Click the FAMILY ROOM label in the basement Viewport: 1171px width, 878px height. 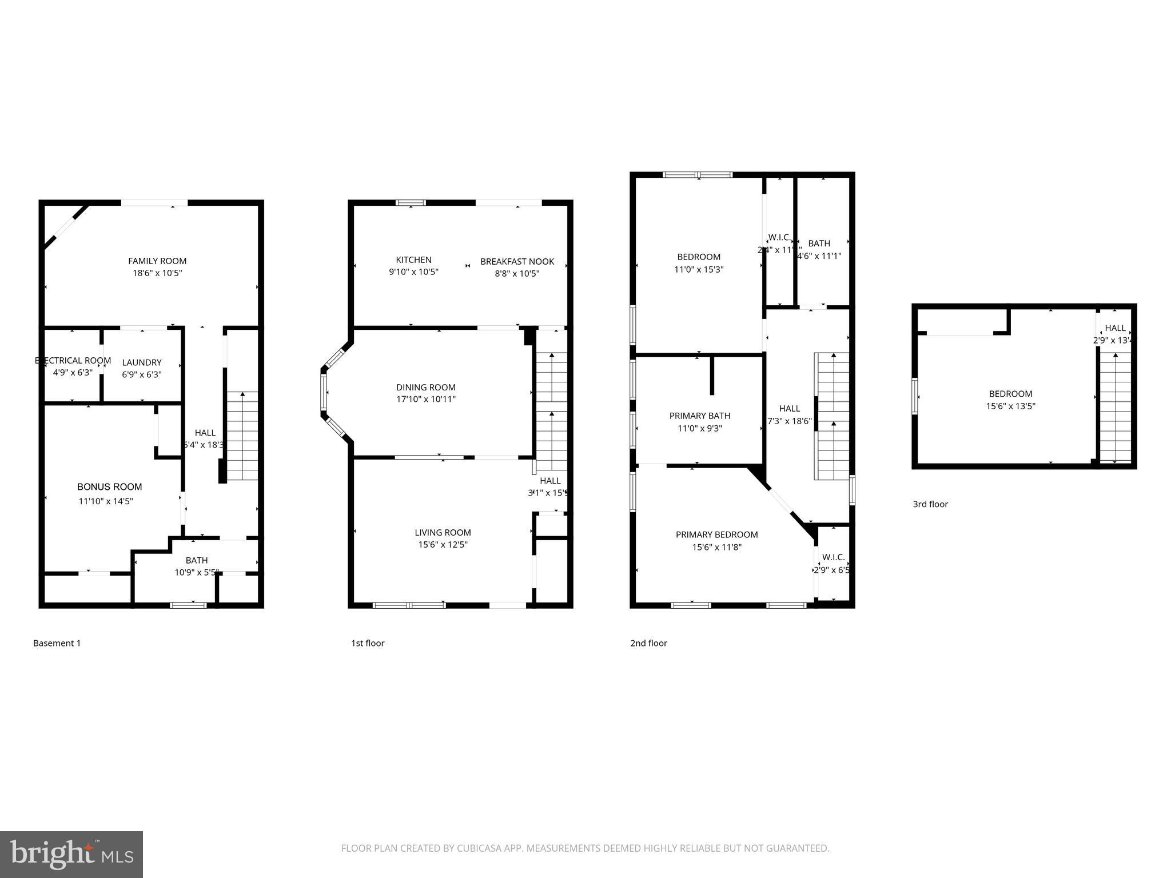coord(157,261)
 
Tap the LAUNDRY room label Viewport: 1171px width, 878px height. coord(142,362)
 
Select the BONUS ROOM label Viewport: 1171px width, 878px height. coord(110,487)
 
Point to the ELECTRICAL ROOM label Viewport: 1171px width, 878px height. coord(73,361)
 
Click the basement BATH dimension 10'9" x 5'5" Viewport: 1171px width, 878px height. coord(197,572)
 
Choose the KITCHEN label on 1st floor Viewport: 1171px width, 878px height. coord(413,260)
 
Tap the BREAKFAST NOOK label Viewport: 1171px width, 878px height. coord(517,262)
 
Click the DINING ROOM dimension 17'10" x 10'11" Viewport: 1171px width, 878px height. coord(426,400)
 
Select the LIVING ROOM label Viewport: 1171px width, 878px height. coord(443,533)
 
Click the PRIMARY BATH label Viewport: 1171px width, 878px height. coord(699,416)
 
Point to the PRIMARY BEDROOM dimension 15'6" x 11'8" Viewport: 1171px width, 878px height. coord(716,548)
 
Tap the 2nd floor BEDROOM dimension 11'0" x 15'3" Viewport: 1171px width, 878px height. coord(699,270)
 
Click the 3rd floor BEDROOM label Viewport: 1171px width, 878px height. coord(1010,394)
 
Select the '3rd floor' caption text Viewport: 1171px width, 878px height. coord(930,504)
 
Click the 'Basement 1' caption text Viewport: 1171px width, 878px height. coord(57,643)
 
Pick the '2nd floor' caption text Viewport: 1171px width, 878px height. coord(648,643)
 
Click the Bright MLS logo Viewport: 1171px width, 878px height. coord(71,855)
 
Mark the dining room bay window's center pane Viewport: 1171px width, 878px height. coord(324,393)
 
